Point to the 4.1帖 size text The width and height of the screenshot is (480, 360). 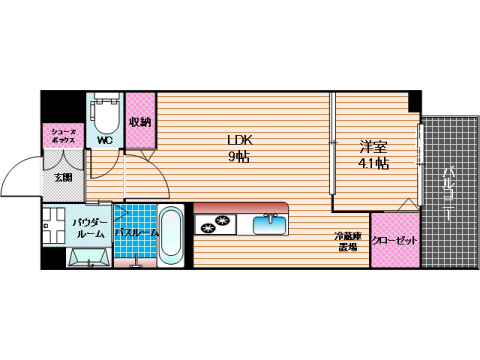(x=373, y=165)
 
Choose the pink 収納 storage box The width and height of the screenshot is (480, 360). (x=140, y=122)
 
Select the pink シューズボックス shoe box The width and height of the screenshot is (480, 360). (x=61, y=136)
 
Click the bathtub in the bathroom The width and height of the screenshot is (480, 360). (x=171, y=235)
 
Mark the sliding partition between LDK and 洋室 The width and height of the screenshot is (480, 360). (x=333, y=150)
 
